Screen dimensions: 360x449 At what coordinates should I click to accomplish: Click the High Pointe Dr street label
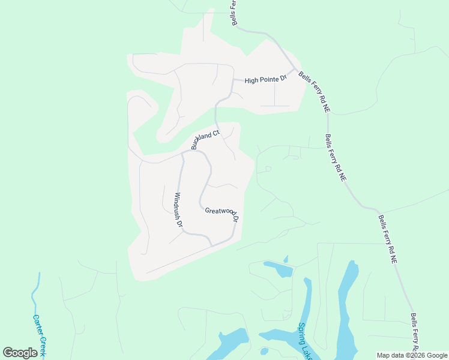266,80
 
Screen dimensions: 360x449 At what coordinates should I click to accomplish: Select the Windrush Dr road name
178,209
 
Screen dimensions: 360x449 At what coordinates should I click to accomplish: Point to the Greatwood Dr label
223,214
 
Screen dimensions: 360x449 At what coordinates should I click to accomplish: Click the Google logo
20,353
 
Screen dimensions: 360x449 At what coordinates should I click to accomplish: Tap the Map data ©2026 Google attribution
412,355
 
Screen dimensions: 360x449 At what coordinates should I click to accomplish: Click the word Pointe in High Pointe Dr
268,80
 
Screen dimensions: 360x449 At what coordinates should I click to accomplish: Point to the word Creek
41,346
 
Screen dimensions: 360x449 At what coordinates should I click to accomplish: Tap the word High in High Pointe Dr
250,80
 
